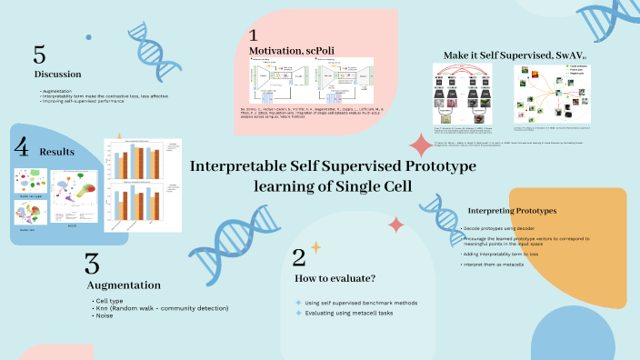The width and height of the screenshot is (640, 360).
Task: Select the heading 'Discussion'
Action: click(x=58, y=74)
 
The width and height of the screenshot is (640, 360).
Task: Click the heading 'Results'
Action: click(x=56, y=151)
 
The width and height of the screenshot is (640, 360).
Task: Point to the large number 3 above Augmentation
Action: click(x=92, y=264)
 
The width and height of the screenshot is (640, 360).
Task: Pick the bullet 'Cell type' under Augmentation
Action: click(x=110, y=300)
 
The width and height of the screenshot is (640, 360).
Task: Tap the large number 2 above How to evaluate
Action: click(x=299, y=257)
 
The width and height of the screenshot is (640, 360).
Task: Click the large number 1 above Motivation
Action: click(x=255, y=35)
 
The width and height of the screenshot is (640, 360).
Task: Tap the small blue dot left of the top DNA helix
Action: click(x=88, y=37)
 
